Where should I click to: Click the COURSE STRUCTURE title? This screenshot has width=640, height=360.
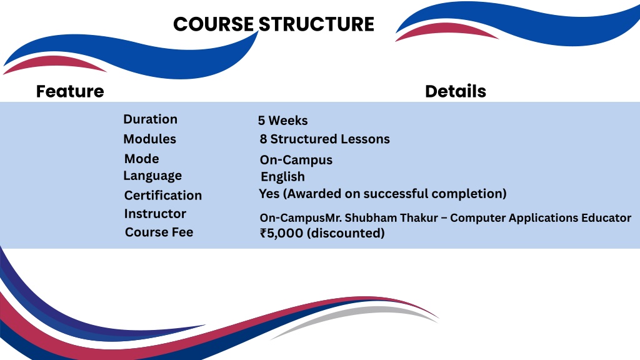274,24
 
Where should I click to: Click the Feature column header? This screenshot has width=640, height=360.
70,91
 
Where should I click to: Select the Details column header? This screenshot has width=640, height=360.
456,91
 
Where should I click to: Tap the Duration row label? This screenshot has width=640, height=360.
150,119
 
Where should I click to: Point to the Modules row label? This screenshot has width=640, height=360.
150,139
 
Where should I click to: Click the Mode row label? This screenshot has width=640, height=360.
142,159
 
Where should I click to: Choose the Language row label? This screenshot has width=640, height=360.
152,176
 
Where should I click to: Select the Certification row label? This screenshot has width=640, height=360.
163,196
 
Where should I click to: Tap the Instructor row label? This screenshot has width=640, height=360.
155,214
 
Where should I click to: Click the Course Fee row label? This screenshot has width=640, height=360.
159,232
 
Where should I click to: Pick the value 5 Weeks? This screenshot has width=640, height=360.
283,121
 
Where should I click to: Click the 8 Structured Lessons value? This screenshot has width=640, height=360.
325,139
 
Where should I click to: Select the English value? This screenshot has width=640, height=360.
283,177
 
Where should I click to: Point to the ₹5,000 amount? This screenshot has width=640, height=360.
282,233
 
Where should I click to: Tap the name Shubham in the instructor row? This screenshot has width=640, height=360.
370,218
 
